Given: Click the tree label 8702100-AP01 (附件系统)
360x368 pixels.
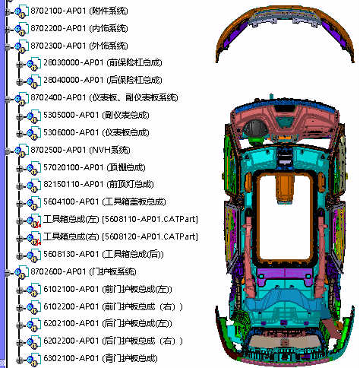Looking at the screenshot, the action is point(79,11).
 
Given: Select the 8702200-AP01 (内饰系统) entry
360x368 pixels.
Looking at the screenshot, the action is point(79,28).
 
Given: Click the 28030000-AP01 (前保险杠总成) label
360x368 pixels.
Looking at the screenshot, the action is point(103,62).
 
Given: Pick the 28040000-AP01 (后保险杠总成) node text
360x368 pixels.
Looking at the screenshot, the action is point(103,80).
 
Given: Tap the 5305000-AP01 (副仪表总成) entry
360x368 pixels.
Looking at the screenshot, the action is point(96,115).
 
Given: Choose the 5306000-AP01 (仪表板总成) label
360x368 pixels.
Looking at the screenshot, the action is point(96,132).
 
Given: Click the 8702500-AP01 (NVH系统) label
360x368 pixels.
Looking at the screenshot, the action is point(81,150).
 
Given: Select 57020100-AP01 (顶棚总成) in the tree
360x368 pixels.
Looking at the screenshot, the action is point(94,167).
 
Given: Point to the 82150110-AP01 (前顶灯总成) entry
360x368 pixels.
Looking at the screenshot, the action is point(99,184).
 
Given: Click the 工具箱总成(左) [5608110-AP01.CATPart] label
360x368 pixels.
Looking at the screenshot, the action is point(121,219).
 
